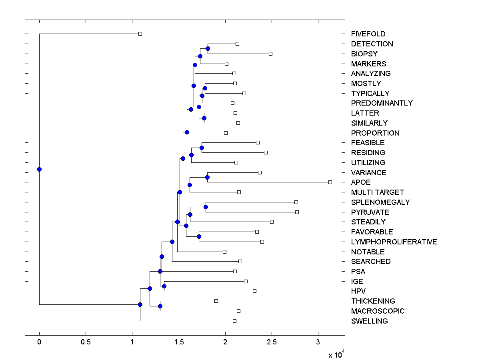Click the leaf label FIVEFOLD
coord(368,34)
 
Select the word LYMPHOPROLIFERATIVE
coord(394,242)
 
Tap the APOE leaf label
coord(361,182)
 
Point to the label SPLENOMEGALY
coord(380,202)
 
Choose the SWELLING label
coord(369,321)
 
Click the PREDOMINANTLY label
coord(382,103)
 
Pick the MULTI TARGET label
coord(377,192)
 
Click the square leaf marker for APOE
coord(330,182)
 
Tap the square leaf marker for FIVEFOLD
coord(140,34)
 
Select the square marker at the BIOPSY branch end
coord(270,54)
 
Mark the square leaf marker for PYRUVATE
coord(297,212)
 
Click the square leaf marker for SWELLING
coord(234,321)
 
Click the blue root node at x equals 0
coord(39,169)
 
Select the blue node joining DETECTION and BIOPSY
coord(208,48)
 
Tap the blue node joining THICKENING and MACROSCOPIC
coord(160,306)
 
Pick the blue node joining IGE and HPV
coord(164,286)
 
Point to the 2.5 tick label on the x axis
coord(272,342)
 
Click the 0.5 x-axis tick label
coord(86,342)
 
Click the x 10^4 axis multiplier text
coord(336,354)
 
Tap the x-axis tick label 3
coord(318,342)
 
